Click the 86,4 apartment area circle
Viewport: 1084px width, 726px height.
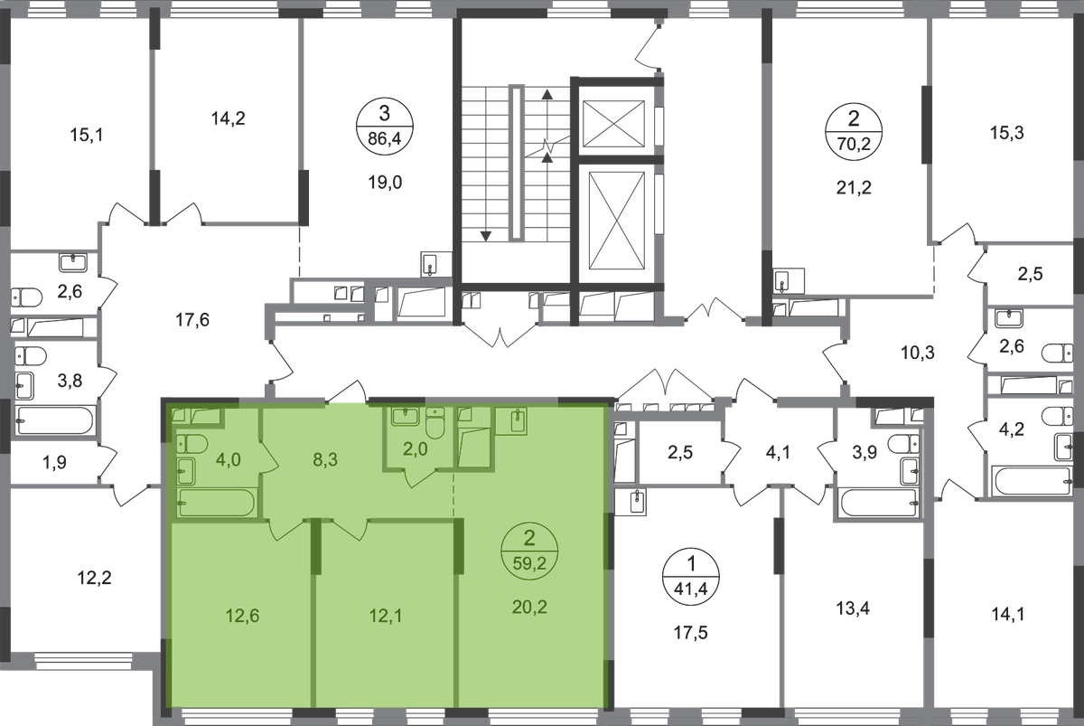[385, 127]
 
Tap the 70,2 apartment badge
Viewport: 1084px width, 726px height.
[854, 131]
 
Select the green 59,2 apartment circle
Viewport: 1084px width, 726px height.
[529, 551]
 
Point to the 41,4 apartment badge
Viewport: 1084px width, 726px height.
[691, 576]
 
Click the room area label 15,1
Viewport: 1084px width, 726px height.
[87, 135]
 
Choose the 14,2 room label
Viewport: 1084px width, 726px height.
[228, 118]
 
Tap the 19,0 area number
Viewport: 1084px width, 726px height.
[385, 183]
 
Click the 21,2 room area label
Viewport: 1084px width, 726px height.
[854, 187]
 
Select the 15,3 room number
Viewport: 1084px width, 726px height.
[1006, 132]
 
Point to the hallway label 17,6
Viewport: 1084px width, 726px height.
[192, 320]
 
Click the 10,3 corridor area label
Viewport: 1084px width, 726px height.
[918, 353]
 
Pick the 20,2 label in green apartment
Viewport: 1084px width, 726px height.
[529, 607]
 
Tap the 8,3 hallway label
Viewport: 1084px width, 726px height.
[325, 459]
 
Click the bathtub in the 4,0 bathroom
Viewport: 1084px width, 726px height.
[216, 503]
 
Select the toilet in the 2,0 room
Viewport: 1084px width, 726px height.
[435, 422]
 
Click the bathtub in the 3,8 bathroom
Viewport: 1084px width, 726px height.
[54, 420]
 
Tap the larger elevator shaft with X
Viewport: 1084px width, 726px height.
[617, 221]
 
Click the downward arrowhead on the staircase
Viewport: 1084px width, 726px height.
[485, 236]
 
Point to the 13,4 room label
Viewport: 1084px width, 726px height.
[853, 608]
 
